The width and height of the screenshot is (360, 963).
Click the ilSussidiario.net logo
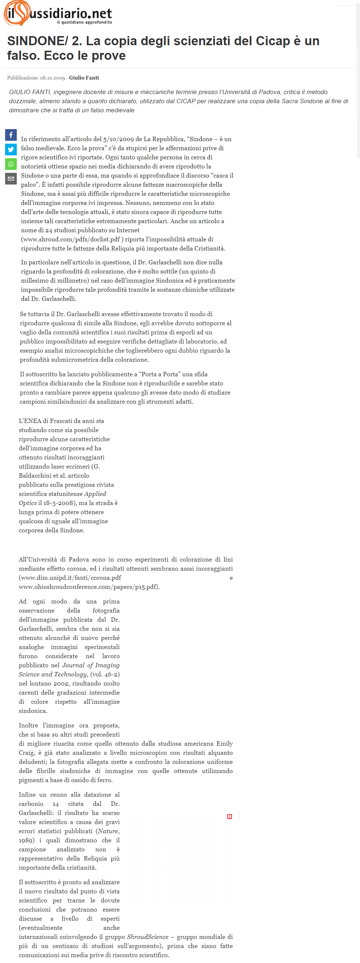(58, 13)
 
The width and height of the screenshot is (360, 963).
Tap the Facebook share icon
(11, 135)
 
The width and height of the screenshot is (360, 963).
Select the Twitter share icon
(11, 150)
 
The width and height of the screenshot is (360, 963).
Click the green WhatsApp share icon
(11, 164)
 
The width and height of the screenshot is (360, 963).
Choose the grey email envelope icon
(11, 179)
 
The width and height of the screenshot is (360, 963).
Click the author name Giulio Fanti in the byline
(84, 78)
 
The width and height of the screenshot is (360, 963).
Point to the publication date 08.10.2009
(52, 78)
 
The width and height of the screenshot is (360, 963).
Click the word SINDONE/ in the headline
(37, 41)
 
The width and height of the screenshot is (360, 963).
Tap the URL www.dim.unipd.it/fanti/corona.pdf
(70, 578)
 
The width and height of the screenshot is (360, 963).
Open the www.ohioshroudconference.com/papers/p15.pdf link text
(89, 587)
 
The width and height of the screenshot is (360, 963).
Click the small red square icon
(229, 817)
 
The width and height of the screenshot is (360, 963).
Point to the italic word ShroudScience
(148, 937)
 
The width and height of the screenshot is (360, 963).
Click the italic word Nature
(108, 831)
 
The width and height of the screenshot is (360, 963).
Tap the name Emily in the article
(224, 743)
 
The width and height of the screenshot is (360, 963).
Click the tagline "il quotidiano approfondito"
(85, 23)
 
